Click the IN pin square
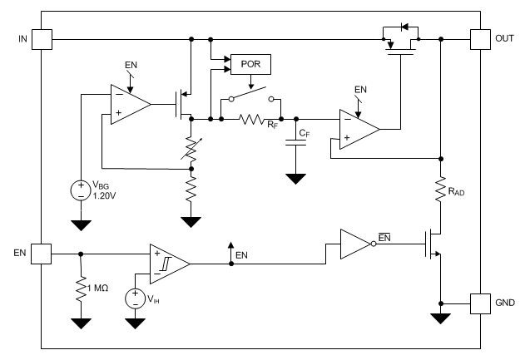tap(42, 39)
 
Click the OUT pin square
tap(480, 39)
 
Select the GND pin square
tap(480, 303)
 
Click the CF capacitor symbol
tap(294, 141)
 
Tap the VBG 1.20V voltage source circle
tap(81, 190)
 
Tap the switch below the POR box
tap(250, 97)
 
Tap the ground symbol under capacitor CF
tap(294, 178)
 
